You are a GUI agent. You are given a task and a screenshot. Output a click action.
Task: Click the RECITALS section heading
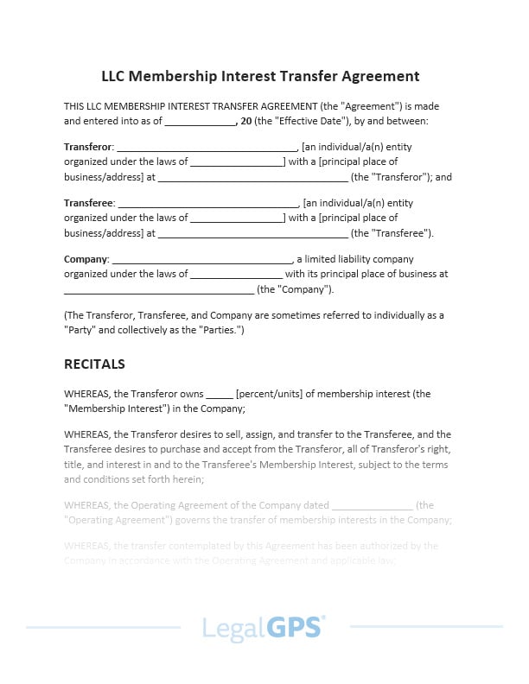tap(94, 364)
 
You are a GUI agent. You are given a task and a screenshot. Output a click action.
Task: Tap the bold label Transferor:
tap(89, 147)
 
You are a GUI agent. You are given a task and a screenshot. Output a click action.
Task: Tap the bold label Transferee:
tap(89, 203)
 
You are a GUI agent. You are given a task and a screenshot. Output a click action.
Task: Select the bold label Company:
tap(86, 259)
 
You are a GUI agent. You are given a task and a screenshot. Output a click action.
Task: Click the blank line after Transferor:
tap(207, 149)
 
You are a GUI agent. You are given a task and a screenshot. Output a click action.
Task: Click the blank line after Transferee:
tap(207, 205)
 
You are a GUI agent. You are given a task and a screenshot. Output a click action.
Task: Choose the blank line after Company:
tap(202, 261)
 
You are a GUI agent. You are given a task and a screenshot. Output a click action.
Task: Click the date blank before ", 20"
tap(200, 123)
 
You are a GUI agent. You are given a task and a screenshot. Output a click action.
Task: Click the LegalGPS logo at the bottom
tap(264, 627)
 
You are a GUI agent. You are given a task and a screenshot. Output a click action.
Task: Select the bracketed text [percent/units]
tap(274, 394)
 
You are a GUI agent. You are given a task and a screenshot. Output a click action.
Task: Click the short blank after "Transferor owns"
tap(220, 396)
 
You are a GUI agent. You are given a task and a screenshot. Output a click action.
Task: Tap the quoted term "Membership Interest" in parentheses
tap(112, 408)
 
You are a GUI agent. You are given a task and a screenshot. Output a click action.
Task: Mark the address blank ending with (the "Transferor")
tap(252, 179)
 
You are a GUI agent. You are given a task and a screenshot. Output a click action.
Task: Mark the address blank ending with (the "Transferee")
tap(252, 235)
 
